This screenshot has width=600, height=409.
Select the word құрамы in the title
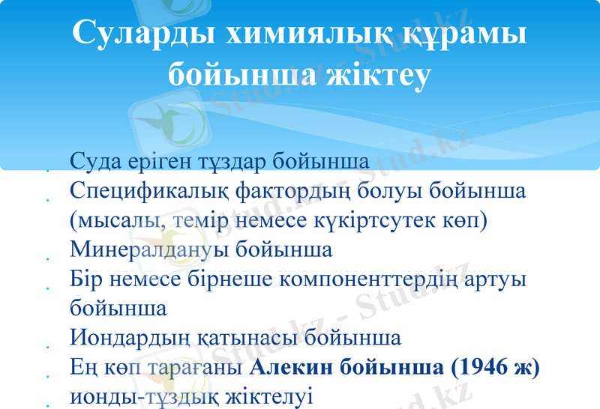[463, 34]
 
